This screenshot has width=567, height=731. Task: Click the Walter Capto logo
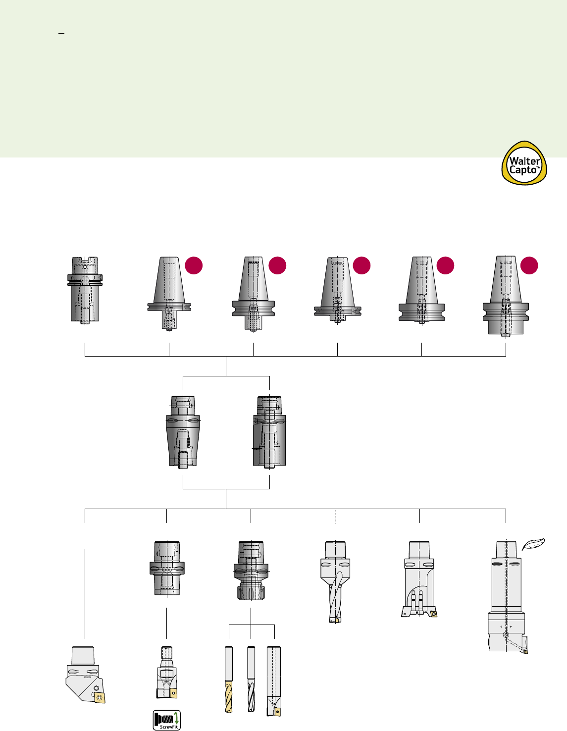[524, 163]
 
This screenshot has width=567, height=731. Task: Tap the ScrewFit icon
[166, 720]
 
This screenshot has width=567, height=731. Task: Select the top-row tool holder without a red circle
[85, 290]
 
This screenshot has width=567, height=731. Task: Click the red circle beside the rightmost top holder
[529, 265]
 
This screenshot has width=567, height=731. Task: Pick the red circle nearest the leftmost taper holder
[194, 265]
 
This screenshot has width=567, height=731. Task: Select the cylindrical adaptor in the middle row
[269, 431]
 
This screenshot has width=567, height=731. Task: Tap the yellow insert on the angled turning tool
[100, 698]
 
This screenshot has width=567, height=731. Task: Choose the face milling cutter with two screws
[419, 579]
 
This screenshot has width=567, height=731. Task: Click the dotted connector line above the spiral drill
[335, 516]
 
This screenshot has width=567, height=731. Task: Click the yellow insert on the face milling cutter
[434, 614]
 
